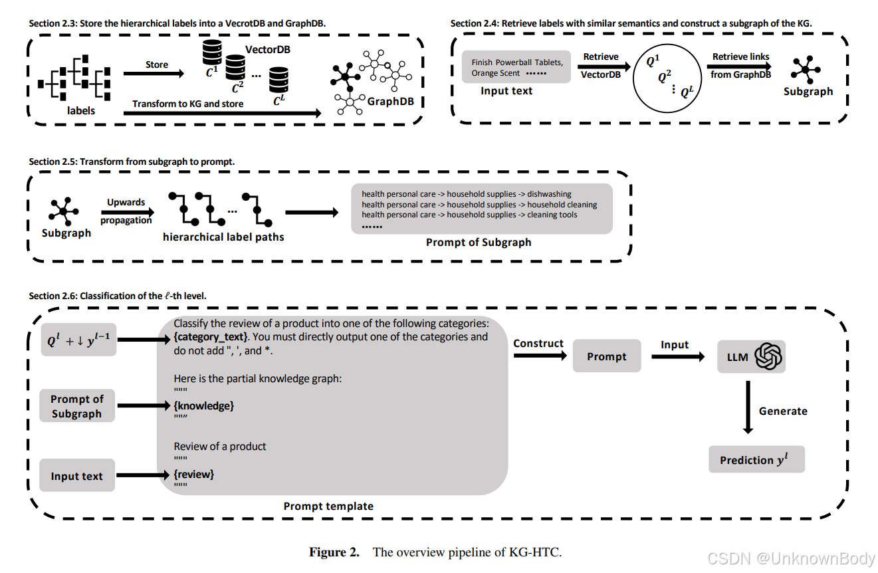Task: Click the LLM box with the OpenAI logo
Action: tap(751, 357)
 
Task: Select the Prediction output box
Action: tap(756, 459)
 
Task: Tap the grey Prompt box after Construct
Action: tap(606, 356)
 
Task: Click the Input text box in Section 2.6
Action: tap(77, 476)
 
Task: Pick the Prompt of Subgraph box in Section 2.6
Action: tap(77, 406)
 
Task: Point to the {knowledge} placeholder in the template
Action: tap(204, 405)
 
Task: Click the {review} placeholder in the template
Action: tap(194, 474)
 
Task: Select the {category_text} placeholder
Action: tap(211, 336)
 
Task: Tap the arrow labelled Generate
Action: tap(748, 408)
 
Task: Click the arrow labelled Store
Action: tap(157, 74)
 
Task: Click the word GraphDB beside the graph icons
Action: tap(391, 102)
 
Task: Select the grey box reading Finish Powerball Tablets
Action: tap(516, 67)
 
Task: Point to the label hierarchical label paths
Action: tap(223, 237)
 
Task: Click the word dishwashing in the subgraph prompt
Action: tap(549, 194)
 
